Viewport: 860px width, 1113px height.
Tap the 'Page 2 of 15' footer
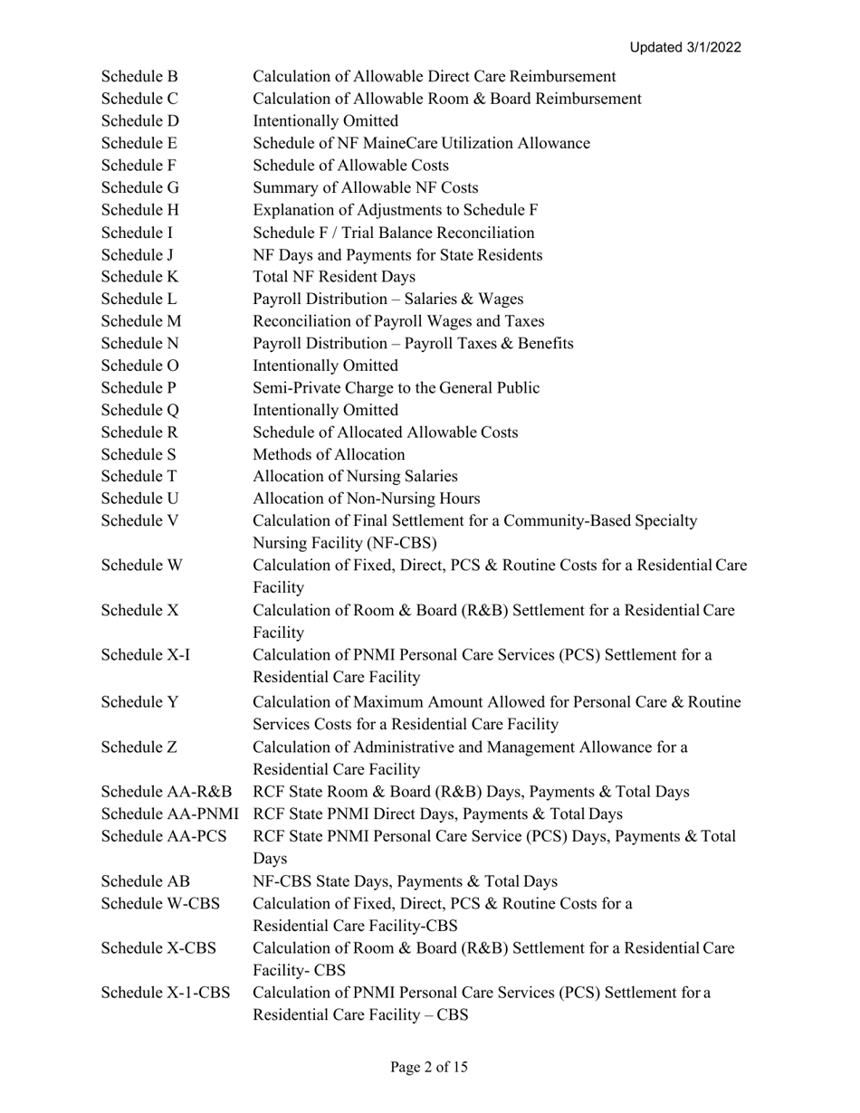429,1067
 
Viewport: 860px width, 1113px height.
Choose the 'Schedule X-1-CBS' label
166,993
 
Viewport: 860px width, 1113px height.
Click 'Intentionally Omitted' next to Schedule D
325,121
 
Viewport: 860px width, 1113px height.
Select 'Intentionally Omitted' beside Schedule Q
325,410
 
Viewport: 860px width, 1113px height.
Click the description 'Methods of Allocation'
329,454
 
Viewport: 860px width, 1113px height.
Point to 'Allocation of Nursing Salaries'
355,477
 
